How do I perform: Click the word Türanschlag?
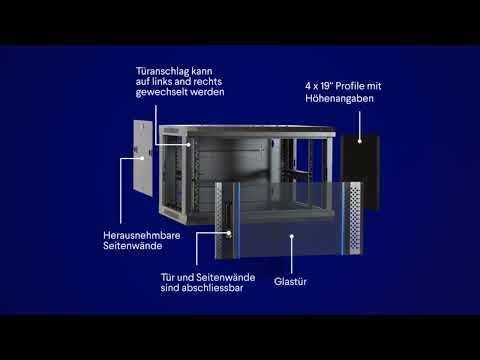click(157, 72)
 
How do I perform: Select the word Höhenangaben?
click(339, 99)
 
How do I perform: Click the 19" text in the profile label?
click(325, 86)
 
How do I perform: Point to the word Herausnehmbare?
click(142, 235)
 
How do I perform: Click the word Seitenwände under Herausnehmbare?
click(133, 246)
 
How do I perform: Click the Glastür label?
click(290, 282)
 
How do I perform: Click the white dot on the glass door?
click(292, 236)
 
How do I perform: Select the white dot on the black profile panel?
click(360, 141)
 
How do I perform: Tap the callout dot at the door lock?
click(229, 233)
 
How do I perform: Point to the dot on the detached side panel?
click(142, 158)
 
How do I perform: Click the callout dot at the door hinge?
click(188, 145)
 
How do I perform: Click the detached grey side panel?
click(143, 158)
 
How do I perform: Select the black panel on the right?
click(360, 172)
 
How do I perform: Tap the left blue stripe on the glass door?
click(238, 220)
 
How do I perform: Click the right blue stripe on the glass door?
click(343, 218)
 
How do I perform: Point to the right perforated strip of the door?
click(353, 217)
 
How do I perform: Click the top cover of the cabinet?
click(247, 130)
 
